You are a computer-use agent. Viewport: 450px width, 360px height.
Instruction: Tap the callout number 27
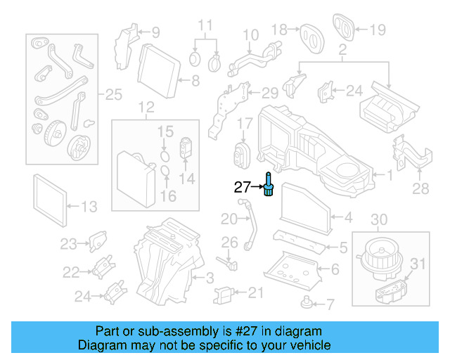click(x=243, y=187)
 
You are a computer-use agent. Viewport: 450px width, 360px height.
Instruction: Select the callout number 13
click(x=89, y=207)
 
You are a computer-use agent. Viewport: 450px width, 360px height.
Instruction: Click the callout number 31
click(x=418, y=264)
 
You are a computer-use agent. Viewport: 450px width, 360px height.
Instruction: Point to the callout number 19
click(x=378, y=30)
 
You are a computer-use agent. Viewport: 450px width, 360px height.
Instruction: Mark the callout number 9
click(x=155, y=32)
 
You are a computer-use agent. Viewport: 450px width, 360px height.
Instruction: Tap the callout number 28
click(x=420, y=189)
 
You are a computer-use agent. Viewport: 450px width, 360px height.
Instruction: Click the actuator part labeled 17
click(x=243, y=153)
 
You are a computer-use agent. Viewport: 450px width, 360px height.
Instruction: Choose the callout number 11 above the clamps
click(x=205, y=26)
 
